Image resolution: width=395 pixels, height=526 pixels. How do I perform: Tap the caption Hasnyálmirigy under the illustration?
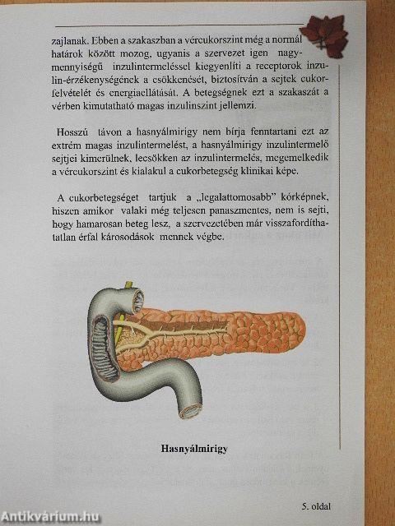(193, 450)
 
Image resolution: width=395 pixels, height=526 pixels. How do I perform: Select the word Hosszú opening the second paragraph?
(72, 133)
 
